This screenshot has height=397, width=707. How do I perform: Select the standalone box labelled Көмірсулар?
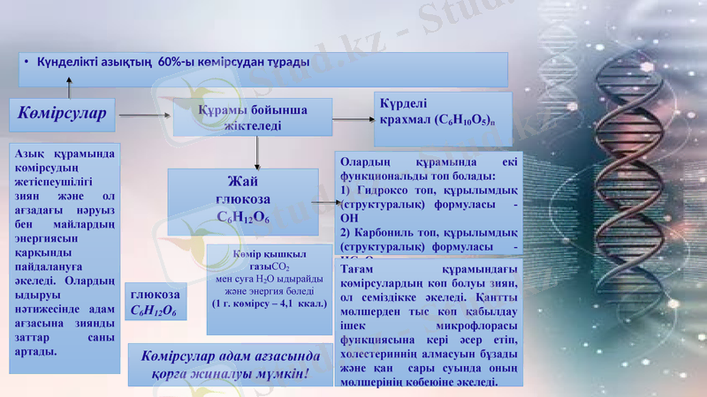(x=62, y=114)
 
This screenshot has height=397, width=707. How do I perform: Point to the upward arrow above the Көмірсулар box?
(x=69, y=86)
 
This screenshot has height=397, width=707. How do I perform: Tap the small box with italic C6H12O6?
(x=155, y=303)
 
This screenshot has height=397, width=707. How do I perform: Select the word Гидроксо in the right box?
(x=385, y=190)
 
